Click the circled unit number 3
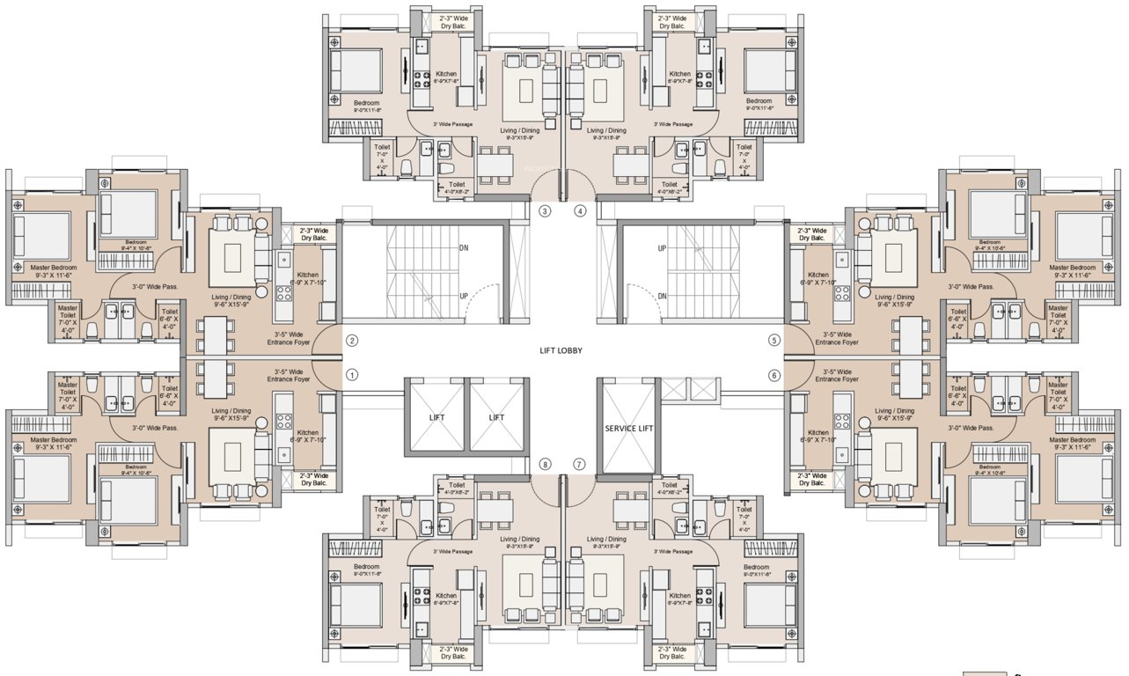click(x=545, y=211)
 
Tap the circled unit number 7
click(x=579, y=464)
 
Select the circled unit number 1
click(x=352, y=375)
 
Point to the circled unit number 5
click(x=774, y=340)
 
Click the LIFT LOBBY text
click(x=561, y=350)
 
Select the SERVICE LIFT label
click(x=627, y=428)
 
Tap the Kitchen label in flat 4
click(x=679, y=74)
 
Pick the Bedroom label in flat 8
click(x=366, y=567)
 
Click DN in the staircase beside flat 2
click(x=464, y=248)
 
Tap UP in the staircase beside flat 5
click(x=662, y=249)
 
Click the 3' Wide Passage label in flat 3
click(x=452, y=124)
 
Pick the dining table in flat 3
click(x=495, y=163)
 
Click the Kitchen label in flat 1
click(x=308, y=432)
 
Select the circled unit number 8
click(x=545, y=464)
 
